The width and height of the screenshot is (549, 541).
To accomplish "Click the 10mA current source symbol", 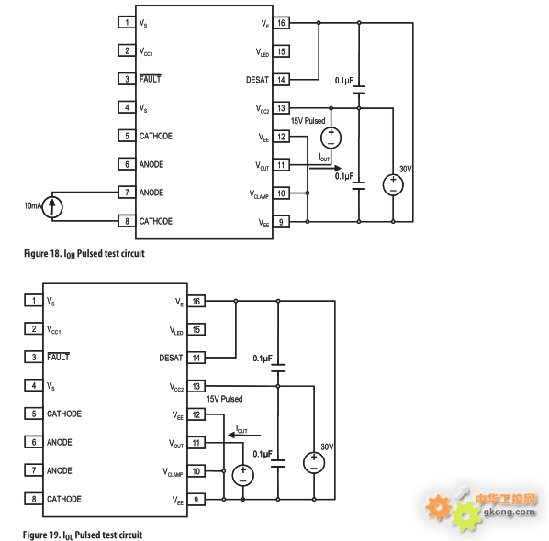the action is pos(52,206).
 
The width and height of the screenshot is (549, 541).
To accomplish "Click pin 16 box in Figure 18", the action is pos(281,23).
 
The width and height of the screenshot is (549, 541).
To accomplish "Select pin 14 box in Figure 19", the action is pos(196,358).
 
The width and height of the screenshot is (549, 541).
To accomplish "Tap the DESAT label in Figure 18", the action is pos(257,80).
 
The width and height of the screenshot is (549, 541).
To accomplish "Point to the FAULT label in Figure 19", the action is pos(58,357).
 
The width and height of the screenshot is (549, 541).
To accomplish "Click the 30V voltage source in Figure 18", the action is pos(393,185).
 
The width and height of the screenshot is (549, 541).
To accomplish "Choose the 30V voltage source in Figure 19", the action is pos(314,463).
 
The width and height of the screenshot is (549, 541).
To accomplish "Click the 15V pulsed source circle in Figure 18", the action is pos(331,138).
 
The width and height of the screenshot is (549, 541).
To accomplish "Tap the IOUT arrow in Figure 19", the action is pos(244,436).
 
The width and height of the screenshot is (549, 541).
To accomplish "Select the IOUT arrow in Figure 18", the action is pos(325,168).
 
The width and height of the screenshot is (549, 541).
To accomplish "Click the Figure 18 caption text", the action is pos(84,254).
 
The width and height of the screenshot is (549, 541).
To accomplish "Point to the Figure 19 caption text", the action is pos(83,535).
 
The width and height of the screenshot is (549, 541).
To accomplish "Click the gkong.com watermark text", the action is pos(510,513).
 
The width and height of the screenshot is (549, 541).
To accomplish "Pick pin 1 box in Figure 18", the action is pos(127,22).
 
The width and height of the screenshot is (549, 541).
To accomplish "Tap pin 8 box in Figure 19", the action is pos(34,499).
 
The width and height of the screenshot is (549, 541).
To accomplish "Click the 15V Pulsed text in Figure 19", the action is pos(224,399).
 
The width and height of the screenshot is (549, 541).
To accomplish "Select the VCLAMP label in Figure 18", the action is pos(259,194).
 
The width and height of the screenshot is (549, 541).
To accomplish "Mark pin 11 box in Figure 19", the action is pos(196,443).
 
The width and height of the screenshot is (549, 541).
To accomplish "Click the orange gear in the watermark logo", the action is pos(438,507).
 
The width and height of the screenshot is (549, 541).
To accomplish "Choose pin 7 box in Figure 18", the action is pos(127,193).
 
